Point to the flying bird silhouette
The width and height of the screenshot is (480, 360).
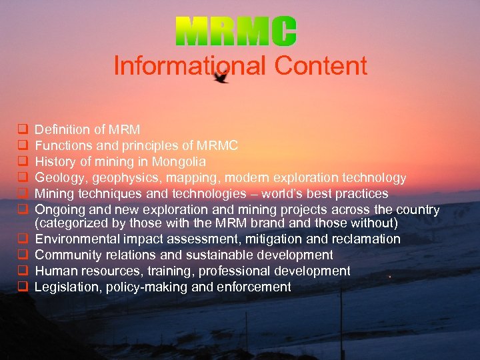click(221, 77)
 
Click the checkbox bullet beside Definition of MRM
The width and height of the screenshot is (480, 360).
click(22, 129)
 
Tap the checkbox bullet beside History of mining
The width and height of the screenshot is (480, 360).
click(22, 161)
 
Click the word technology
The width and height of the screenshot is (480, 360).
click(374, 177)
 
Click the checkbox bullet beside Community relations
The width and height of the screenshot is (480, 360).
click(22, 255)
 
